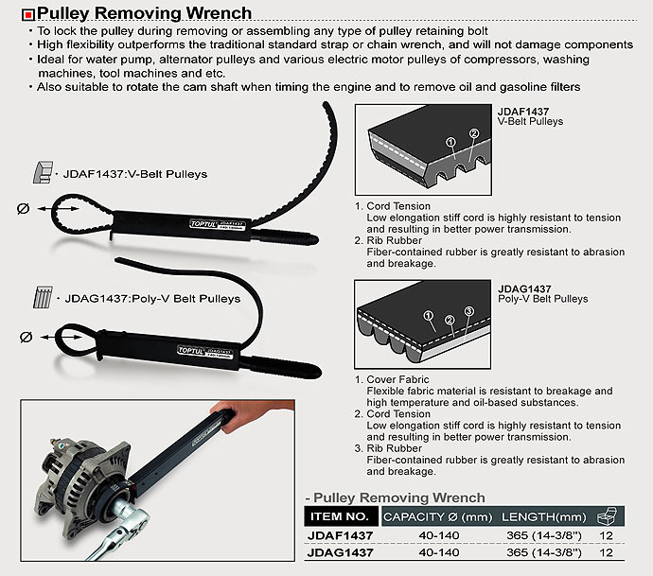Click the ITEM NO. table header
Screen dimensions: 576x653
[x=337, y=517]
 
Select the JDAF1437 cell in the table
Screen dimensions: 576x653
[x=337, y=535]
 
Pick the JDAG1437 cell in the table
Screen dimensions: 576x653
[x=337, y=552]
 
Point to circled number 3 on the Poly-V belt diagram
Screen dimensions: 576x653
[x=468, y=313]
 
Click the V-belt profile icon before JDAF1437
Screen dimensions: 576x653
[x=44, y=174]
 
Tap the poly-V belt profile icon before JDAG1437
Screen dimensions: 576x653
[x=44, y=299]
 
